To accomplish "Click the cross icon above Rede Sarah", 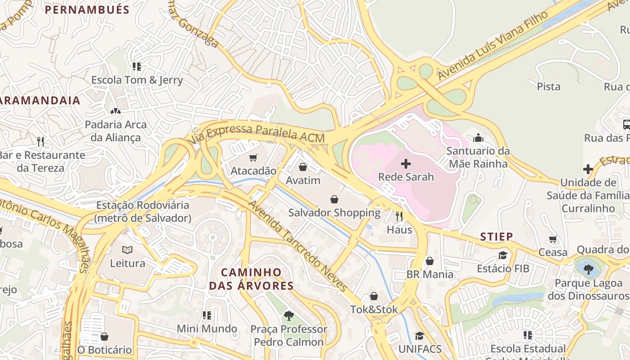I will click(x=405, y=164).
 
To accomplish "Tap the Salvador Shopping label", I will click(x=334, y=212).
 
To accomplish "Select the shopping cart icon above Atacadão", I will click(x=253, y=158).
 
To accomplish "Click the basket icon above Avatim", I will click(x=303, y=167).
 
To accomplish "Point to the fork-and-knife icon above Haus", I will click(x=399, y=216).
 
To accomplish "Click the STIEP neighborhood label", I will click(x=496, y=237).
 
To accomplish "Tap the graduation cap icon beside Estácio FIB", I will click(x=503, y=256).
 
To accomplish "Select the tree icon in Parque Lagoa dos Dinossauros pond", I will click(x=588, y=269).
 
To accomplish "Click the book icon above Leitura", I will click(x=127, y=250).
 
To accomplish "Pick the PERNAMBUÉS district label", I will click(x=87, y=10).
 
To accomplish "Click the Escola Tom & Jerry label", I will click(x=137, y=80).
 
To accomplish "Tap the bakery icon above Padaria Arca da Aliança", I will click(x=115, y=111).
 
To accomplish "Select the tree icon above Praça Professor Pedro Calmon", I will click(x=288, y=315).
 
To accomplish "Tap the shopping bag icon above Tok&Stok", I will click(x=374, y=296).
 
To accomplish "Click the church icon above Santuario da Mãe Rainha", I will click(x=478, y=137).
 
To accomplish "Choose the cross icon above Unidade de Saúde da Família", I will click(x=588, y=169).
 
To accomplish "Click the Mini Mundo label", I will click(x=207, y=328).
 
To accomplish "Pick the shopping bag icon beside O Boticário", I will click(x=104, y=337).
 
